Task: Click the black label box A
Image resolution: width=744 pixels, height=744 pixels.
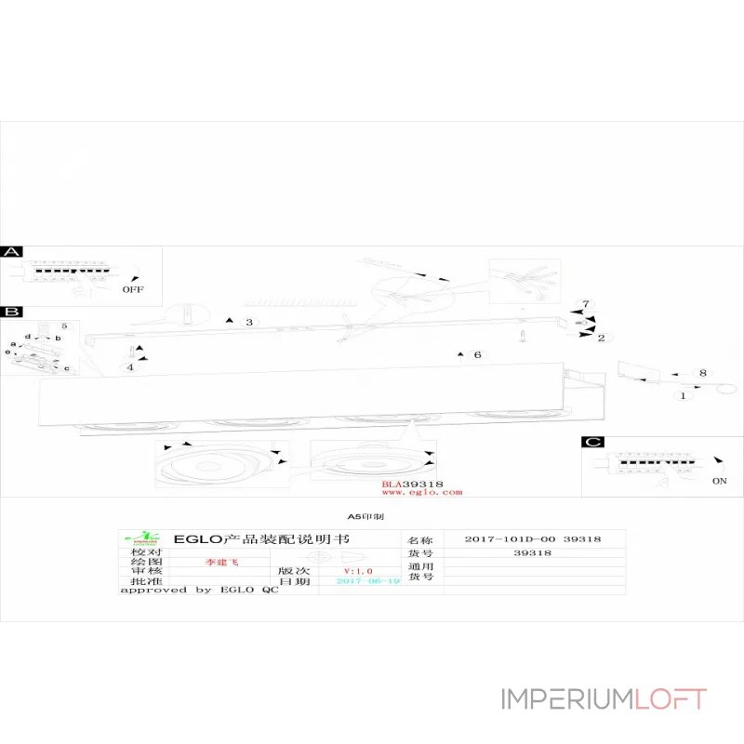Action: point(12,253)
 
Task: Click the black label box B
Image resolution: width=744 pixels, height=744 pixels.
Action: point(12,312)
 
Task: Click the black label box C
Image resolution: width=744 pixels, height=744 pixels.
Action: point(592,443)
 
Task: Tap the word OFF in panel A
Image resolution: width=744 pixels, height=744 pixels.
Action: point(134,289)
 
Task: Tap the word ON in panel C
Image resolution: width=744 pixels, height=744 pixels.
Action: point(719,482)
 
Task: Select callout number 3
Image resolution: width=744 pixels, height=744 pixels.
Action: point(249,323)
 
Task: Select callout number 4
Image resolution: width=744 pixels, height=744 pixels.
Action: point(130,367)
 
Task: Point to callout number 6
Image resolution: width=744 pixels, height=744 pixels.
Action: point(477,355)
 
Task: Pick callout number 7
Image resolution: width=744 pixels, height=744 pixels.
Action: point(586,304)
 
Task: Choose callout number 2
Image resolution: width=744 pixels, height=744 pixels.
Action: point(601,338)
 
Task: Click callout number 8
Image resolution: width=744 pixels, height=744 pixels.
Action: point(702,373)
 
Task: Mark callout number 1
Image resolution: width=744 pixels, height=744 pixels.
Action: point(684,395)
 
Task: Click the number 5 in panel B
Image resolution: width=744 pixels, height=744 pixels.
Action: point(64,326)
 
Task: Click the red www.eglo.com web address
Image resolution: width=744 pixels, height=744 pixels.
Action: point(421,493)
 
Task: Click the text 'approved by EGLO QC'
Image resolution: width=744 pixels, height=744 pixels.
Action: point(199,590)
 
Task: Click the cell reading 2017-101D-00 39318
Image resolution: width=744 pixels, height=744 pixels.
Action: point(533,539)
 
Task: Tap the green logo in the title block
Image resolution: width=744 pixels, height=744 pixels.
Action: point(147,538)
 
